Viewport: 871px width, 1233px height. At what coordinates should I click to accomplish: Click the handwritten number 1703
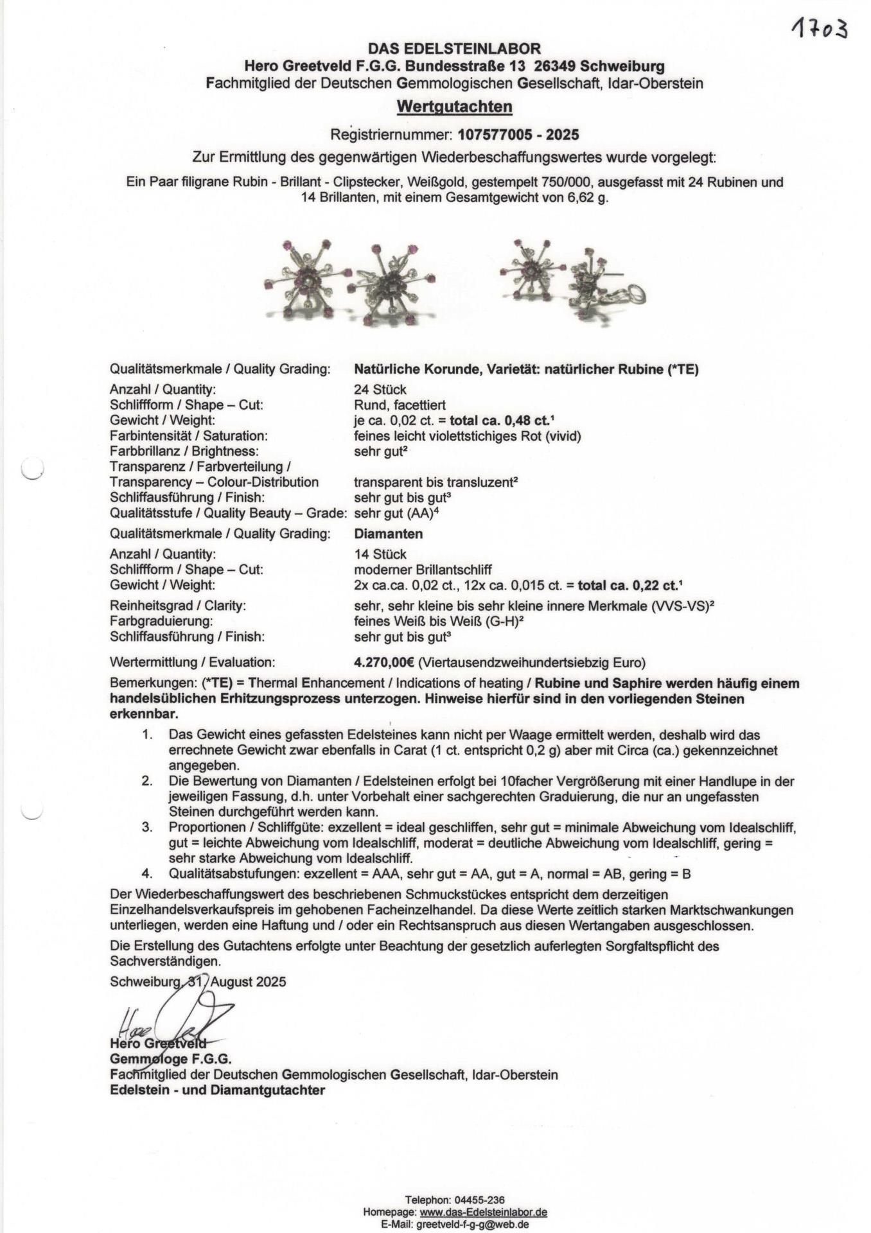[819, 29]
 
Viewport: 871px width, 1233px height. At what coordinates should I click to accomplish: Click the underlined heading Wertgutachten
[454, 107]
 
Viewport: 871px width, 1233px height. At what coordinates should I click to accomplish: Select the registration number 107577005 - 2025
[518, 135]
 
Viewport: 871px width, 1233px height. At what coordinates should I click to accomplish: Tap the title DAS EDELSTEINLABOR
[454, 48]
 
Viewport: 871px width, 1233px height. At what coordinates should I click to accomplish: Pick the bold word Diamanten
[388, 534]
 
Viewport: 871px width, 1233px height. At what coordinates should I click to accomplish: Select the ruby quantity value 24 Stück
[380, 390]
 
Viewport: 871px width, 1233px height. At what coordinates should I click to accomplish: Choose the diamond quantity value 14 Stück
[380, 554]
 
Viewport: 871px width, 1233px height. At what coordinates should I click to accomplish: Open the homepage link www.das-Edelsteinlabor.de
[483, 1212]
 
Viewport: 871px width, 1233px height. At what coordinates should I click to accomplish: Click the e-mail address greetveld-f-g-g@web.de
[472, 1225]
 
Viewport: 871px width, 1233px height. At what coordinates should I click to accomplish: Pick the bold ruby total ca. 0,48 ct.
[500, 421]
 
